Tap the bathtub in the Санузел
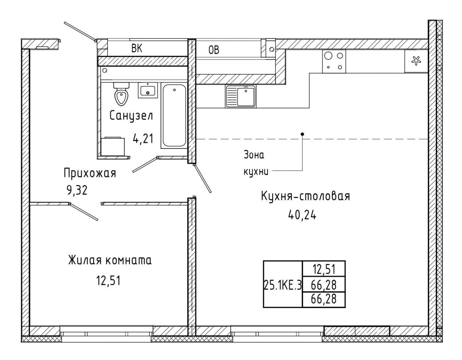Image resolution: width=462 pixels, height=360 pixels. [x=174, y=115]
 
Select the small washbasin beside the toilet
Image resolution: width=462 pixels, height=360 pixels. [x=148, y=90]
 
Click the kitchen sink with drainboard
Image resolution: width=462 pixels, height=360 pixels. [x=241, y=96]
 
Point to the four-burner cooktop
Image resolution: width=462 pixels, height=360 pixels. [x=334, y=61]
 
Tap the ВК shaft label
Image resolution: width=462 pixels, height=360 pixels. [x=137, y=48]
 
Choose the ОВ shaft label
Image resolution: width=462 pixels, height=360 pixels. [x=214, y=50]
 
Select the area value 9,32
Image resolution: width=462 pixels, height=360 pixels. [x=77, y=190]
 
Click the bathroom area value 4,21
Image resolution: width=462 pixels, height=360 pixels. [x=143, y=139]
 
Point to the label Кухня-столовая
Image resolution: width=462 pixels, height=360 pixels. [x=305, y=196]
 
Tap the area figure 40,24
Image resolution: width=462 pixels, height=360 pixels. [x=302, y=215]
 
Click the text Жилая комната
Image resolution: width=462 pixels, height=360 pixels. [x=110, y=260]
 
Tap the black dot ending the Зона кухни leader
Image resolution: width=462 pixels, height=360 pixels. [x=302, y=134]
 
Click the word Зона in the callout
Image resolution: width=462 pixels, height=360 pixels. [x=254, y=155]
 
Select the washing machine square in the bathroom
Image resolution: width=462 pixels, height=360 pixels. [x=113, y=147]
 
